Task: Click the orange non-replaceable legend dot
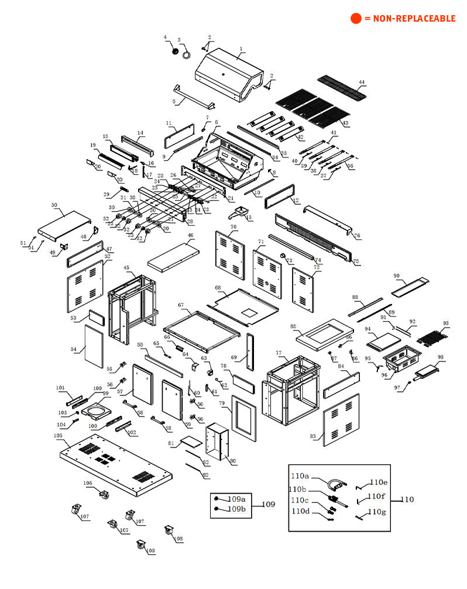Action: pos(356,19)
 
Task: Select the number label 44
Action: pos(362,82)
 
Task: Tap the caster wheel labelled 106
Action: pos(104,495)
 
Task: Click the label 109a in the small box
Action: pos(236,499)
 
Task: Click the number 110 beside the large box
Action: pos(407,500)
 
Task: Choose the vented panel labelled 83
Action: pos(341,420)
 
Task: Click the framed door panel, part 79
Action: pos(243,416)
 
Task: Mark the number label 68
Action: pos(218,288)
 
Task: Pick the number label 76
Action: pos(357,236)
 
